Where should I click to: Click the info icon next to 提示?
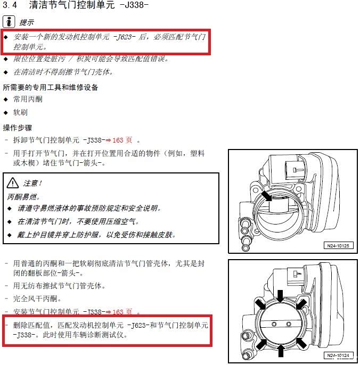pos(9,22)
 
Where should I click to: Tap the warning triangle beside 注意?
pos(13,183)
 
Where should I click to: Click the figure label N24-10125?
pos(338,246)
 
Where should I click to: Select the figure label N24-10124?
pos(338,355)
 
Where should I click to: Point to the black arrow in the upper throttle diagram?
pos(267,196)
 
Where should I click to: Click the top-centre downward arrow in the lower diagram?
pos(281,296)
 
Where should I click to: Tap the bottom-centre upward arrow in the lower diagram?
pos(281,351)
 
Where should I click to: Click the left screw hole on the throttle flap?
pos(274,324)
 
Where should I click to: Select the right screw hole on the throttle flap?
pos(289,324)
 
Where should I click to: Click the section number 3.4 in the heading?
pos(10,5)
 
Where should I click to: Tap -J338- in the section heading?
pos(134,5)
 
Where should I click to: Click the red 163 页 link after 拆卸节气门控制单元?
pos(122,140)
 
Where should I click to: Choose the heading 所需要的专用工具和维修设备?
pos(51,87)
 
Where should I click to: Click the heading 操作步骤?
pos(18,128)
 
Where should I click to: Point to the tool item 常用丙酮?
pos(28,99)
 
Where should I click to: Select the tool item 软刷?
pos(21,112)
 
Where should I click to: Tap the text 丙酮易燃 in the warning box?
pos(22,197)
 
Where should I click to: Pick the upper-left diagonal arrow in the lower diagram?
pos(260,304)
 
